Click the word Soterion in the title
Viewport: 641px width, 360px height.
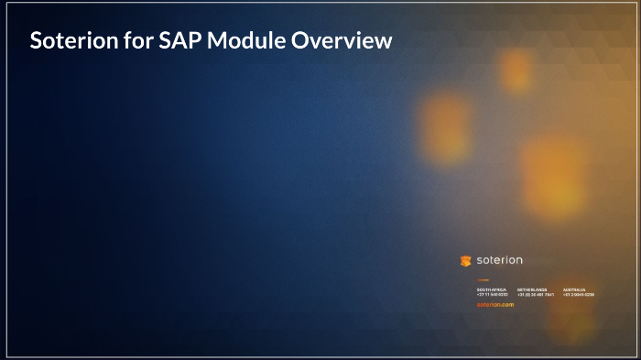tap(72, 40)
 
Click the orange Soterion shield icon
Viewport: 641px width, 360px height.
tap(465, 260)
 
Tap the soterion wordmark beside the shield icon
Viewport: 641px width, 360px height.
tap(500, 260)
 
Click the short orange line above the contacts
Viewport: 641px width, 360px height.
tap(483, 280)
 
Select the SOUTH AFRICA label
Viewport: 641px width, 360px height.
tap(492, 289)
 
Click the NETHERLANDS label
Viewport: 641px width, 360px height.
tap(532, 289)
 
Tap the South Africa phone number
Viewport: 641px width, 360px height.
tap(493, 295)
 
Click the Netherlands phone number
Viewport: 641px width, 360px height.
tap(536, 295)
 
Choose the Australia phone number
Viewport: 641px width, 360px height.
tap(579, 295)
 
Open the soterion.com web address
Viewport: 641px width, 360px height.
tap(495, 304)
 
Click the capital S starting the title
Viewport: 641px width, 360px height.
tap(36, 40)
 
